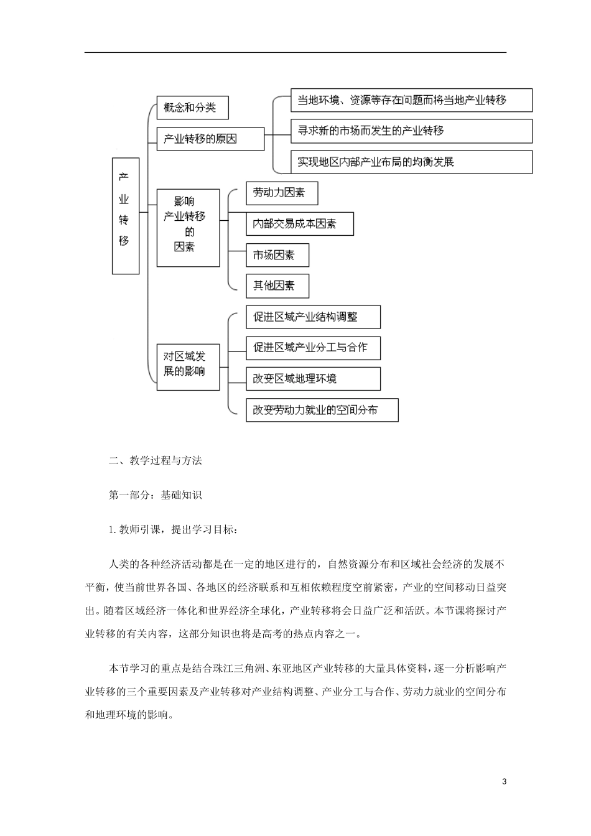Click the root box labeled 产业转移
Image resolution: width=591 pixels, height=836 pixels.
tap(125, 215)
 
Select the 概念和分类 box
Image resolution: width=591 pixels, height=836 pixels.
tap(192, 108)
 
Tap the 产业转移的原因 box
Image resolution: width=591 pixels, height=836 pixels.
tap(210, 138)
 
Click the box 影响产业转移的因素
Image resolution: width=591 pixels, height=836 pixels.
tap(188, 228)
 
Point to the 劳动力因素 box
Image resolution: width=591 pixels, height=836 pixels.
tap(282, 193)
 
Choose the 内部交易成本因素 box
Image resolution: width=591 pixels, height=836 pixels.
tap(300, 224)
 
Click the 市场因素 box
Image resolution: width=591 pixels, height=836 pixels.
tap(277, 255)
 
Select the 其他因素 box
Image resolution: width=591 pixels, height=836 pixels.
tap(277, 286)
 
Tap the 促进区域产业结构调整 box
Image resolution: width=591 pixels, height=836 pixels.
tap(313, 317)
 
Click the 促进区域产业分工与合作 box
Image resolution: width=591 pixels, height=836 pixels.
tap(313, 348)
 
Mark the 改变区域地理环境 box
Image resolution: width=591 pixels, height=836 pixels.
tap(313, 379)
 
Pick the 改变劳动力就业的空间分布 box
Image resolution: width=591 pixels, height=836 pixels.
tap(322, 410)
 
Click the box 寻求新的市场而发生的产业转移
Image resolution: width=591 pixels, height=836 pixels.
tap(411, 131)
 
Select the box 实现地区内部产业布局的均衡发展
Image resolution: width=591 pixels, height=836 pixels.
tap(411, 162)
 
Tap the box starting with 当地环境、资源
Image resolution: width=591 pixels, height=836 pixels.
tap(411, 100)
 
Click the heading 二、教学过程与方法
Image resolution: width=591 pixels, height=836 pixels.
tap(156, 461)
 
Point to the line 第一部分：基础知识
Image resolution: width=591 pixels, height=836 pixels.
tap(156, 495)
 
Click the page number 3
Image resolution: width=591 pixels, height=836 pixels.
tap(505, 781)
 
